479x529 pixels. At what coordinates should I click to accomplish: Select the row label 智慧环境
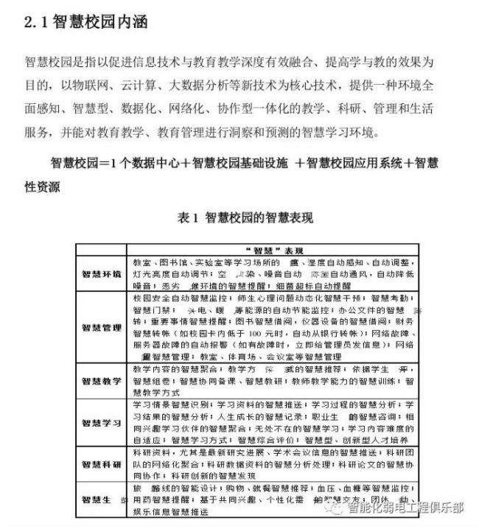tap(102, 273)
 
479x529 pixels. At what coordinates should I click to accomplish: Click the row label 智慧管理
tap(102, 327)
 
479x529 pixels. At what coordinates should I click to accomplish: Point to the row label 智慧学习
tap(102, 424)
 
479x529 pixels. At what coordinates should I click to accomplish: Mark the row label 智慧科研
tap(102, 466)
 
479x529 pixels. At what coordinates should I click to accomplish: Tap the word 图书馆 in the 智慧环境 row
tap(169, 262)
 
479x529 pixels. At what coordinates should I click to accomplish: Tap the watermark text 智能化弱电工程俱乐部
tap(406, 508)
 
